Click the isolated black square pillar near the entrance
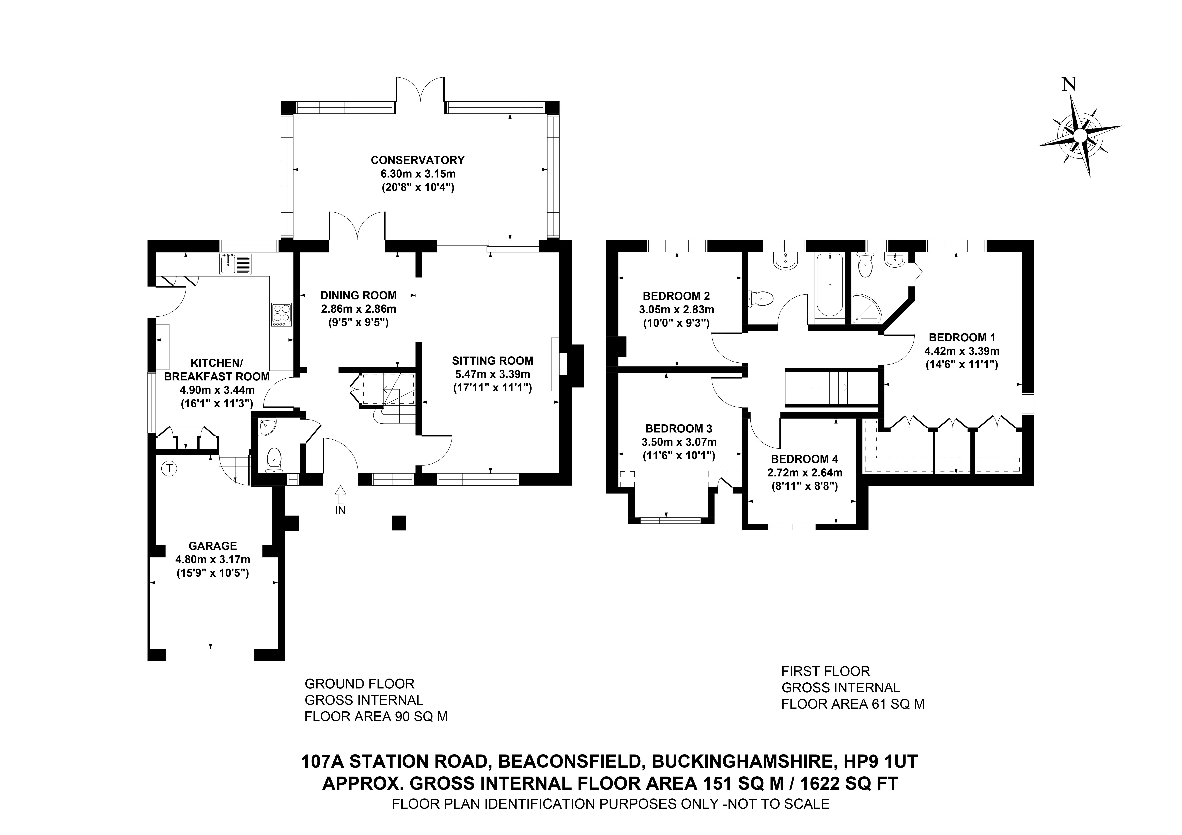point(398,523)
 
